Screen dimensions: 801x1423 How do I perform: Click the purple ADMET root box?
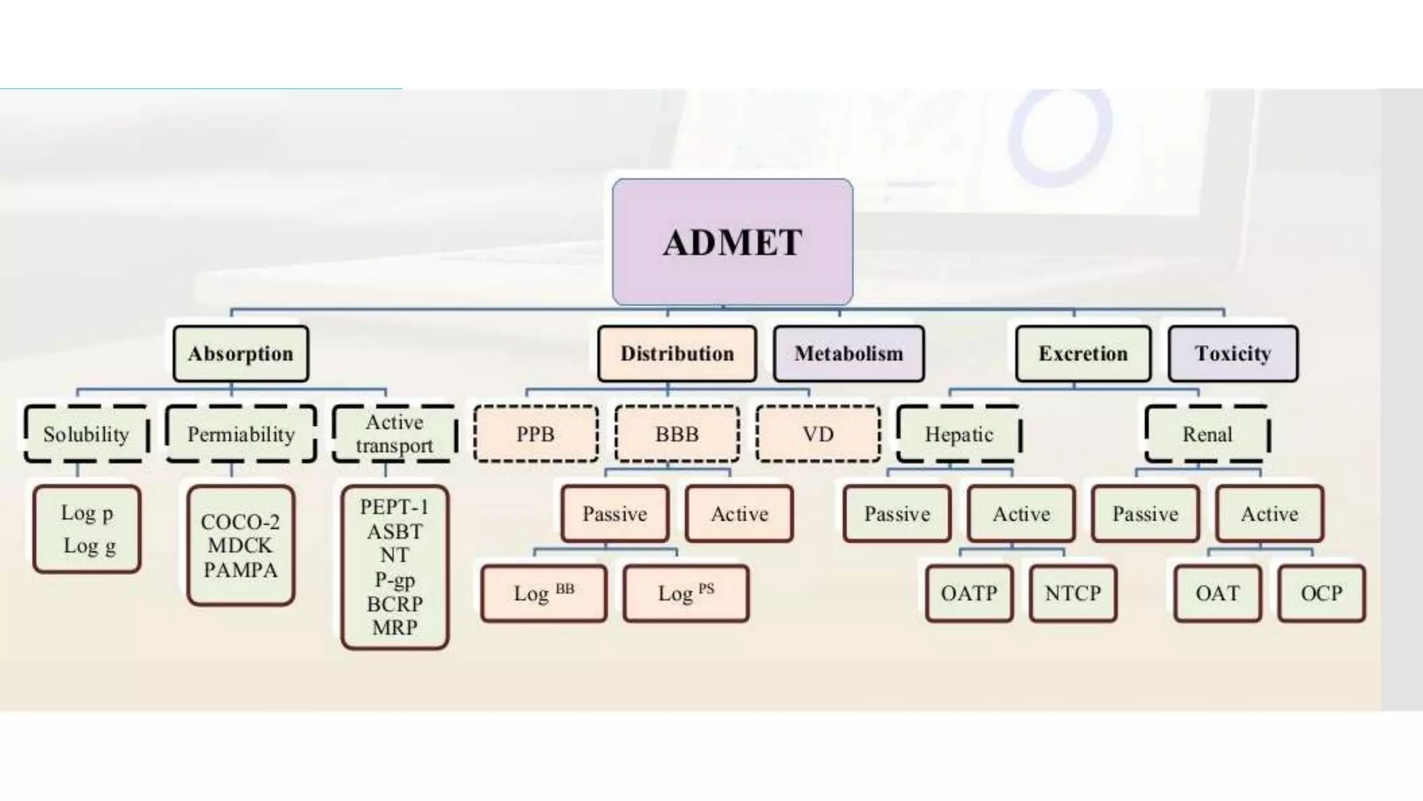click(732, 242)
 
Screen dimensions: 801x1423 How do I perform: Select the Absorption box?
click(240, 354)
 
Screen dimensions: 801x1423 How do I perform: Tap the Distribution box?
click(677, 354)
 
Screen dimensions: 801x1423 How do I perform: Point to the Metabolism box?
click(848, 354)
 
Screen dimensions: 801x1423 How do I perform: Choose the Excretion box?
click(1083, 354)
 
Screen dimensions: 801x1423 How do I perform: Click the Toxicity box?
click(1233, 354)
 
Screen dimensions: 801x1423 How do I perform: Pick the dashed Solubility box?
click(86, 435)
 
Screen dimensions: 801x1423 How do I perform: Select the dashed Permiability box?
click(241, 435)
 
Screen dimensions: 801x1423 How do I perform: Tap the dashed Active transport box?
click(394, 434)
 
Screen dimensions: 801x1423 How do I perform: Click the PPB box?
click(536, 435)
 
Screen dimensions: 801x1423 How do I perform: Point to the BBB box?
click(677, 435)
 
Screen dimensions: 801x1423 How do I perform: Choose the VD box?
click(818, 435)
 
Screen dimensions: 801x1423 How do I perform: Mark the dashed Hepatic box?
click(959, 435)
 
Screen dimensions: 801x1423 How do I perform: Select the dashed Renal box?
click(1207, 435)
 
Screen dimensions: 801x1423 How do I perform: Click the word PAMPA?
click(240, 570)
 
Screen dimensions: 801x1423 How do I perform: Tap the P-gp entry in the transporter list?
click(395, 579)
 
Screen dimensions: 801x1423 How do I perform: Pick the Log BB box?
click(543, 593)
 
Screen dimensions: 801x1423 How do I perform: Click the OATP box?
click(969, 593)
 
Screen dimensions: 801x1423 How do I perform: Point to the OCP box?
click(1321, 593)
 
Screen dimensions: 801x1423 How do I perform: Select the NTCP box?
click(1073, 593)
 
